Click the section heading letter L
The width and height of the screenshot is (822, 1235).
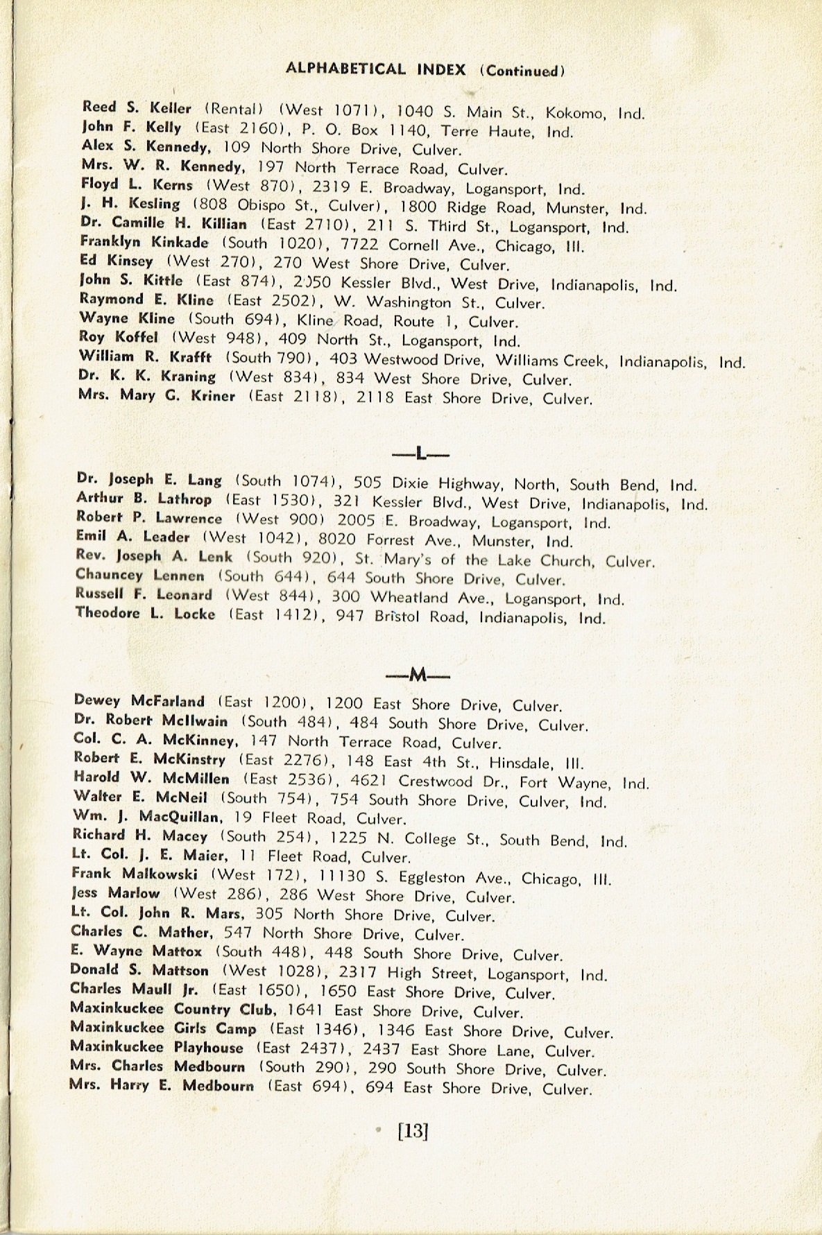point(421,454)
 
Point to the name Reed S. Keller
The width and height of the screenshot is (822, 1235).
point(137,108)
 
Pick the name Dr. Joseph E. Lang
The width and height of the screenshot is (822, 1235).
point(149,480)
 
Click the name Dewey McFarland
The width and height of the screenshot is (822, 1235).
point(139,701)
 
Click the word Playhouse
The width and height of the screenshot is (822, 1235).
point(209,1048)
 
